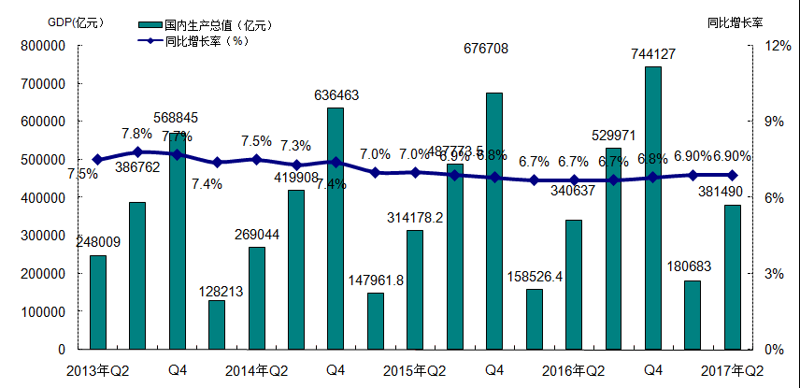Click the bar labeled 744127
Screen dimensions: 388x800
point(652,208)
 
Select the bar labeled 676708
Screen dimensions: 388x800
point(494,221)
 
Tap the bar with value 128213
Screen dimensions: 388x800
point(216,324)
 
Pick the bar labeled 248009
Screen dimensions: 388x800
point(97,302)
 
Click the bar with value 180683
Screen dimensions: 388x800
point(692,314)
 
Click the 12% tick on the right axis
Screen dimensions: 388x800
point(777,46)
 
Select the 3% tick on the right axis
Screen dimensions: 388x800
point(776,274)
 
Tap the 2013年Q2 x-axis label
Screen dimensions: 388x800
point(97,370)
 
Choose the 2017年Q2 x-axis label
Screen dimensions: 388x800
point(732,370)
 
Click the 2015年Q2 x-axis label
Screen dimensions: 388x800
point(414,370)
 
